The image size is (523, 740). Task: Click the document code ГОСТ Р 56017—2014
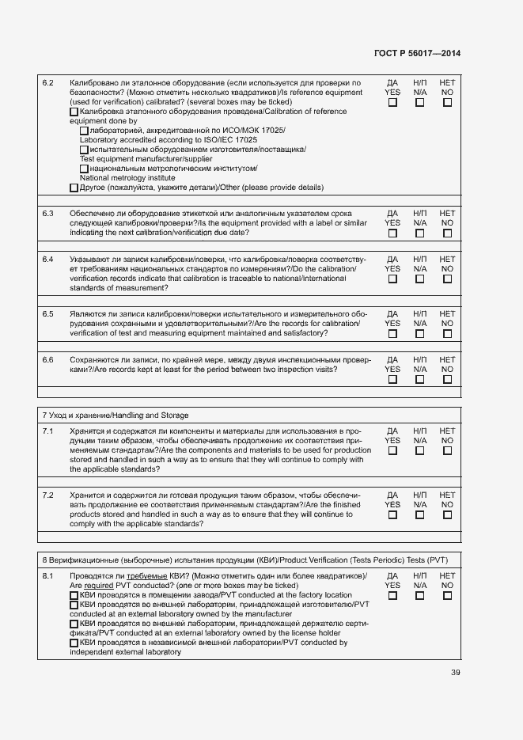tap(417, 54)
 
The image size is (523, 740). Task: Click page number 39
tap(455, 673)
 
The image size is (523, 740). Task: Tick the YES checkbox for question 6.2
tap(392, 102)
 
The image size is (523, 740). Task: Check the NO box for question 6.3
tap(447, 233)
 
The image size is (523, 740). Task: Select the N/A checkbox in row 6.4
tap(419, 279)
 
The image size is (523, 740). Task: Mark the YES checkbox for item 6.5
tap(392, 334)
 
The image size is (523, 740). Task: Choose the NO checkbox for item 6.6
tap(447, 379)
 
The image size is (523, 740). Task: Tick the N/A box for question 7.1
tap(419, 451)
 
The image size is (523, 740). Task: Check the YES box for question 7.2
tap(392, 514)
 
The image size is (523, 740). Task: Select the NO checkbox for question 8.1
tap(447, 596)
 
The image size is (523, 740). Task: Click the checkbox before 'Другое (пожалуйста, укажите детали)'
tap(74, 188)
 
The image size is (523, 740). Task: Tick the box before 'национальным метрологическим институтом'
tap(84, 169)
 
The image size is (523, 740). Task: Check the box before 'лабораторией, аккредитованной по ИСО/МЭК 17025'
tap(84, 131)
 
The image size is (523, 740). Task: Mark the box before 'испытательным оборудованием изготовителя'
tap(84, 150)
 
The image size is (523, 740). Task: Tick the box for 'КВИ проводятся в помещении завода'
tap(74, 595)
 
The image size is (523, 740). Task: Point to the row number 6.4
tap(47, 260)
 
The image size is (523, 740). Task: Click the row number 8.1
tap(47, 575)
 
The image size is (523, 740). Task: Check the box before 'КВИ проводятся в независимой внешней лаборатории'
tap(74, 643)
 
